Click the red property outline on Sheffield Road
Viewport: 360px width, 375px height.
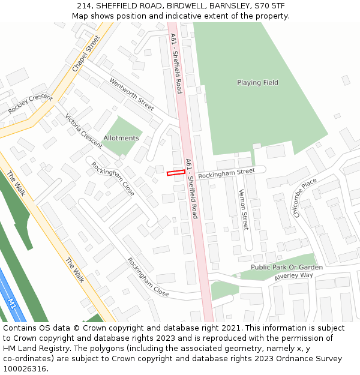pos(175,173)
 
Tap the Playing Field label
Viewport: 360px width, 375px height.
pos(257,83)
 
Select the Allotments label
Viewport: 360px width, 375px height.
pos(121,138)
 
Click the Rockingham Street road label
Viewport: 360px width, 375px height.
pos(226,173)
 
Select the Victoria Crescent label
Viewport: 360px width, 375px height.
pos(83,130)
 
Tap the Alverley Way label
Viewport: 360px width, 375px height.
pos(294,276)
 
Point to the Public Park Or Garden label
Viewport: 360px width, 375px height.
pos(286,267)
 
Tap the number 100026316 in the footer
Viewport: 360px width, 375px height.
pos(26,369)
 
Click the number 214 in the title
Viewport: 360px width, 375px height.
pos(84,6)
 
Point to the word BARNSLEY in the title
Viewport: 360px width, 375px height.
pos(229,6)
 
